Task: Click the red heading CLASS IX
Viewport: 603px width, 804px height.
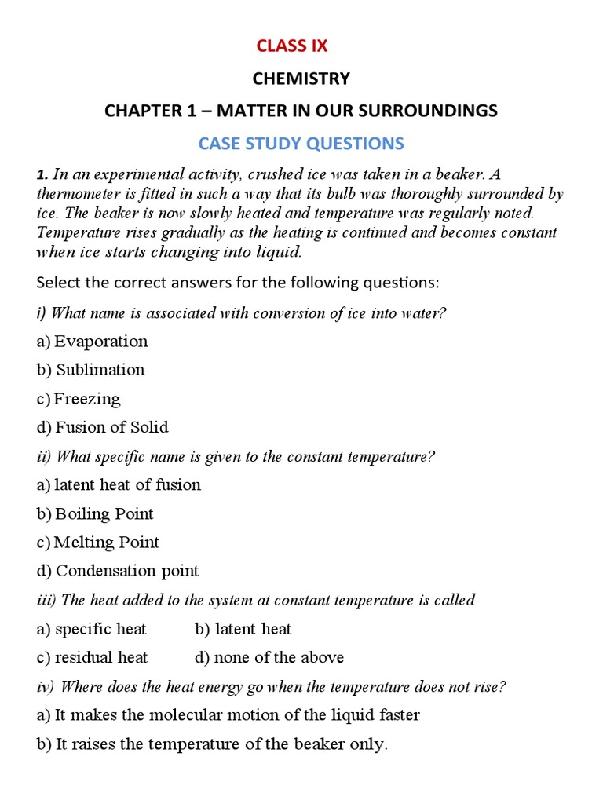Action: pyautogui.click(x=292, y=46)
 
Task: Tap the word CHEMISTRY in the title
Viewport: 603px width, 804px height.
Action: pyautogui.click(x=301, y=79)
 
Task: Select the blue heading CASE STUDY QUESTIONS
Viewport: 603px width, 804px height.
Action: pyautogui.click(x=301, y=144)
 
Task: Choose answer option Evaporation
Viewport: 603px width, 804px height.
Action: pyautogui.click(x=100, y=342)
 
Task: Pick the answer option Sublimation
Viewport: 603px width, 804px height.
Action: pyautogui.click(x=100, y=370)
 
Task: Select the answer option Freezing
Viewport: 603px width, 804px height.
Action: pyautogui.click(x=87, y=399)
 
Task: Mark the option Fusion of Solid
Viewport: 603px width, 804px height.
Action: pyautogui.click(x=111, y=428)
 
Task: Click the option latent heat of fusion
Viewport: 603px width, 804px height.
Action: pyautogui.click(x=127, y=485)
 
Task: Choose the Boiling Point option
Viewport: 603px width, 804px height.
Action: pyautogui.click(x=104, y=514)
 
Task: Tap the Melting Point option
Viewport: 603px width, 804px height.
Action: pyautogui.click(x=106, y=543)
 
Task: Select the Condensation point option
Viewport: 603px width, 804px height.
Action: pyautogui.click(x=127, y=571)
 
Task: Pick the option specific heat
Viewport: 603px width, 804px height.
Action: pyautogui.click(x=100, y=629)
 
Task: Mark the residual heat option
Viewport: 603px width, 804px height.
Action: pyautogui.click(x=100, y=657)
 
